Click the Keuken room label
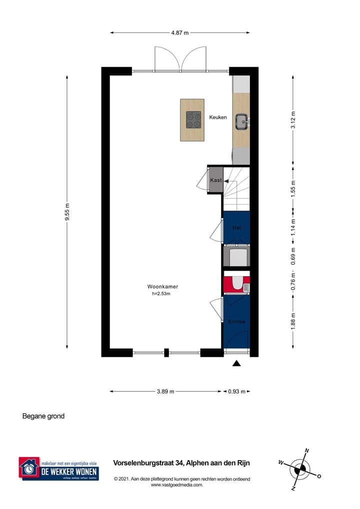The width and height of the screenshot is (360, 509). point(218,117)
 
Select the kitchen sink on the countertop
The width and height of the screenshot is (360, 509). point(242,120)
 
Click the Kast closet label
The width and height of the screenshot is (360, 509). point(216,180)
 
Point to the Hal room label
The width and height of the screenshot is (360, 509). point(236,227)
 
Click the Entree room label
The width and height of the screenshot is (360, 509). point(236,321)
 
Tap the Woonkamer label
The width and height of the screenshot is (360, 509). point(162,286)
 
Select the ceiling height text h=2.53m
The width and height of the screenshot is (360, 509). point(161,294)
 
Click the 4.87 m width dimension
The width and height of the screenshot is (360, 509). point(180,32)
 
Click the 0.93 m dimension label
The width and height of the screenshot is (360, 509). point(236,391)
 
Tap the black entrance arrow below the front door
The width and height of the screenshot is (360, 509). point(236,363)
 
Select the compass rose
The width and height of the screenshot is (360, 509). point(300,469)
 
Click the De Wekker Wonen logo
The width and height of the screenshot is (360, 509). point(58,469)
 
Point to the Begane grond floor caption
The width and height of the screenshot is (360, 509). point(43,416)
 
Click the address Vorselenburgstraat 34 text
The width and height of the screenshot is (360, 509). point(181,463)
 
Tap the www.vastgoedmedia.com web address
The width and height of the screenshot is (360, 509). point(177,484)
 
